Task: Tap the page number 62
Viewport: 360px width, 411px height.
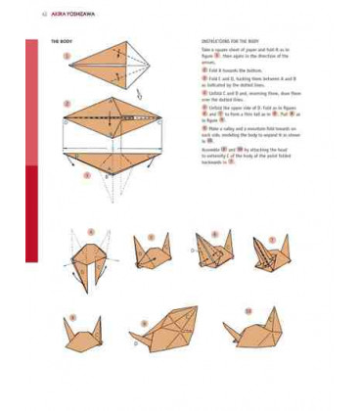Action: [x=44, y=13]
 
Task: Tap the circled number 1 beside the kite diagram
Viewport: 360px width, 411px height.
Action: [x=67, y=57]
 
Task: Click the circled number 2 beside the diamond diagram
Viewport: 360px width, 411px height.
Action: [x=67, y=103]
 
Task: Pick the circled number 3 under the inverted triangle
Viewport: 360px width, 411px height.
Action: [x=86, y=176]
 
